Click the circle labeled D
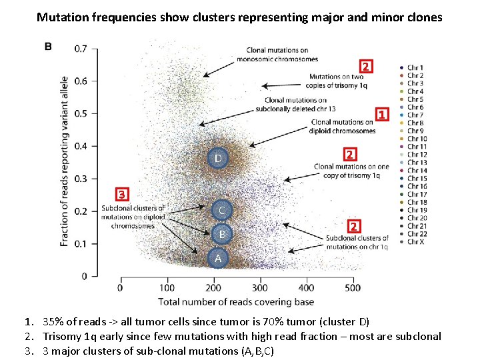coord(219,158)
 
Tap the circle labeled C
coord(222,211)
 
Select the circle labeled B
coord(222,235)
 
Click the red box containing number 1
coord(381,115)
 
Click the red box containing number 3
coord(121,195)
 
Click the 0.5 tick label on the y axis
coord(81,113)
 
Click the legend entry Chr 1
coord(415,67)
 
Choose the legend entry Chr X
coord(415,241)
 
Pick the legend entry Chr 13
coord(417,162)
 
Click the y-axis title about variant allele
coord(65,161)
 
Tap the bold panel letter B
coord(48,46)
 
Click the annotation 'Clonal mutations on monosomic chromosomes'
coord(276,54)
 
